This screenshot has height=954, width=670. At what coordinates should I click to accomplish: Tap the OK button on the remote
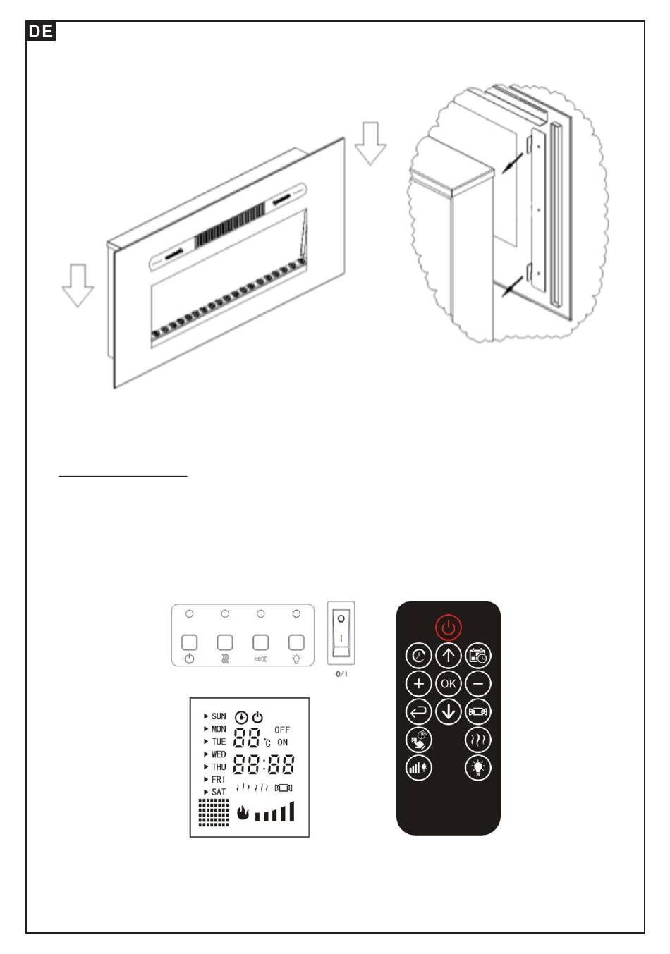449,683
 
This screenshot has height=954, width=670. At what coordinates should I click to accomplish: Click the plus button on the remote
418,683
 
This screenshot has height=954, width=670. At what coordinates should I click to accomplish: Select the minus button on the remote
478,683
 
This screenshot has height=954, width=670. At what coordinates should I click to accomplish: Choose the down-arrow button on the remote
449,711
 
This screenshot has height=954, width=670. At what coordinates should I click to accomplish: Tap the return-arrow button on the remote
418,711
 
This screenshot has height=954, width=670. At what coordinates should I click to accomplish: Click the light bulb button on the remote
478,768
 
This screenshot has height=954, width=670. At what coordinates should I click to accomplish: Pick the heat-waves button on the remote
478,740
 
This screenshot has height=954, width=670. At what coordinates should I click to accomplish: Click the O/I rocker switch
341,632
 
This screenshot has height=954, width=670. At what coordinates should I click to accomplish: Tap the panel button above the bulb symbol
296,642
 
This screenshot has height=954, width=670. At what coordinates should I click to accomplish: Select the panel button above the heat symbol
225,642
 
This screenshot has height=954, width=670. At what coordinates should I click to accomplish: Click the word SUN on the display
219,716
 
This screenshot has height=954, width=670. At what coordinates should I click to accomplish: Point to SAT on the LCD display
219,792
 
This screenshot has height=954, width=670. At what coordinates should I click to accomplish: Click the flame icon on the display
243,813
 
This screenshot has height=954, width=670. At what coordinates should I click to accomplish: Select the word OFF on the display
282,730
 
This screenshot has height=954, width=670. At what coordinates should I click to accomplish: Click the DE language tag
41,32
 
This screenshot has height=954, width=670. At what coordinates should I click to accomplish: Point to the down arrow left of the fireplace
78,285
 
